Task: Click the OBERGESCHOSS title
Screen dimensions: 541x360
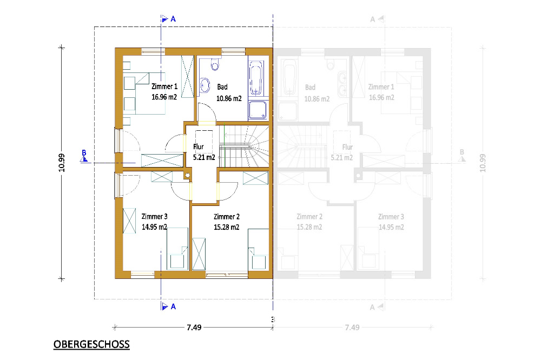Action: point(91,344)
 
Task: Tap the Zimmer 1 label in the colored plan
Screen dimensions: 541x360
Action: point(164,86)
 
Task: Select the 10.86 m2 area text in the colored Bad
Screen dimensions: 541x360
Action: point(229,98)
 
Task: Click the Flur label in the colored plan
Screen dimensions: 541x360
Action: point(199,146)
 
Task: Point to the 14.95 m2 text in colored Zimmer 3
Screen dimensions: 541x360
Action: point(154,227)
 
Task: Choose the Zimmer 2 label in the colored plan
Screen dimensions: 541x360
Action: point(226,217)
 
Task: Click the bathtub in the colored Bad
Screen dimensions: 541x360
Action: point(256,78)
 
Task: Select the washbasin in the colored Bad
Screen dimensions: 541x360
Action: point(204,85)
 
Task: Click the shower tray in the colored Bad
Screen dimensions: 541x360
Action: point(258,110)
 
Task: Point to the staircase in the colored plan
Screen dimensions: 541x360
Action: point(244,146)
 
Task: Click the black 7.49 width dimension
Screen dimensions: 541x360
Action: point(194,327)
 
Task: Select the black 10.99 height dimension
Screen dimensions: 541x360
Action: point(62,163)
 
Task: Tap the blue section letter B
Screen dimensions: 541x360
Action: point(84,153)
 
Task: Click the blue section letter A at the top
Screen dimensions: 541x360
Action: point(173,19)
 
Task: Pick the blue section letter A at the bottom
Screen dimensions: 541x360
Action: point(173,306)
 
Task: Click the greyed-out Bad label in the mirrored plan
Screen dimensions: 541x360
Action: point(310,87)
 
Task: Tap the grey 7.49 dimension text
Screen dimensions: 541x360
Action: point(352,327)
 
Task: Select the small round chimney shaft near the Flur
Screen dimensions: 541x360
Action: point(188,176)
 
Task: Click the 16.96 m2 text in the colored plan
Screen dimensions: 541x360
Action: point(164,97)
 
